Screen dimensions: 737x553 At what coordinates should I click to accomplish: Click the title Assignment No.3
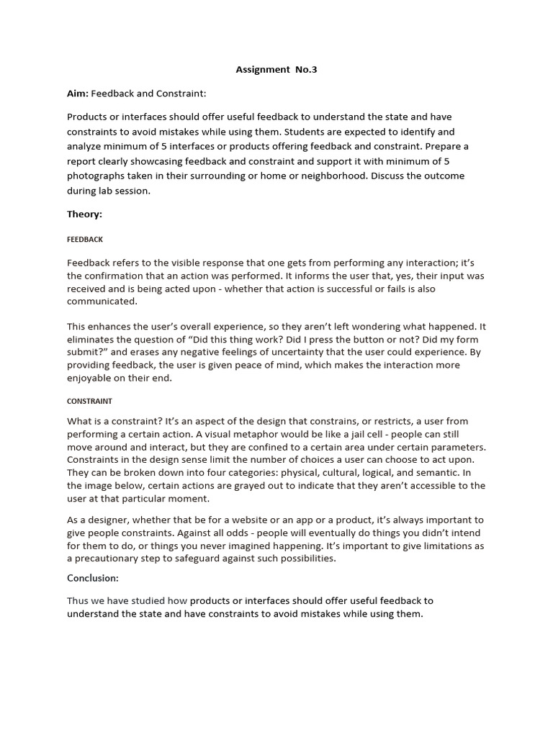point(276,71)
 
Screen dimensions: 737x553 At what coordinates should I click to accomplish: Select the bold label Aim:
point(79,94)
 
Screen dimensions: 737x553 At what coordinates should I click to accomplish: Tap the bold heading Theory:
point(85,214)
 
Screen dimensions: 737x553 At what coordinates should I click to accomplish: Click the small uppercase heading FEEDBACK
point(85,239)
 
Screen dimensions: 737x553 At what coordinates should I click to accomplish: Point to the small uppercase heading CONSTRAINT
point(89,401)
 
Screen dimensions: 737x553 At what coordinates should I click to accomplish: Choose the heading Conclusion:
point(93,578)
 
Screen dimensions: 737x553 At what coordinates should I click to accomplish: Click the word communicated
point(102,302)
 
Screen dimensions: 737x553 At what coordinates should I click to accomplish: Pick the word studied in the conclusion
point(150,600)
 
